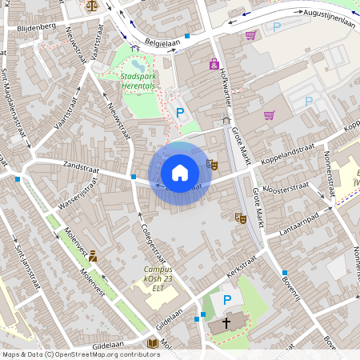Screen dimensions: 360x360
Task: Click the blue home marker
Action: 180,173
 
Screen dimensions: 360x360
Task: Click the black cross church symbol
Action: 226,323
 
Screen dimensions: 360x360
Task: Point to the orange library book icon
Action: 152,343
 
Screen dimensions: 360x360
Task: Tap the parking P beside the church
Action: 227,300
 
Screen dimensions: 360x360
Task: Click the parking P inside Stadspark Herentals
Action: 180,113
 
